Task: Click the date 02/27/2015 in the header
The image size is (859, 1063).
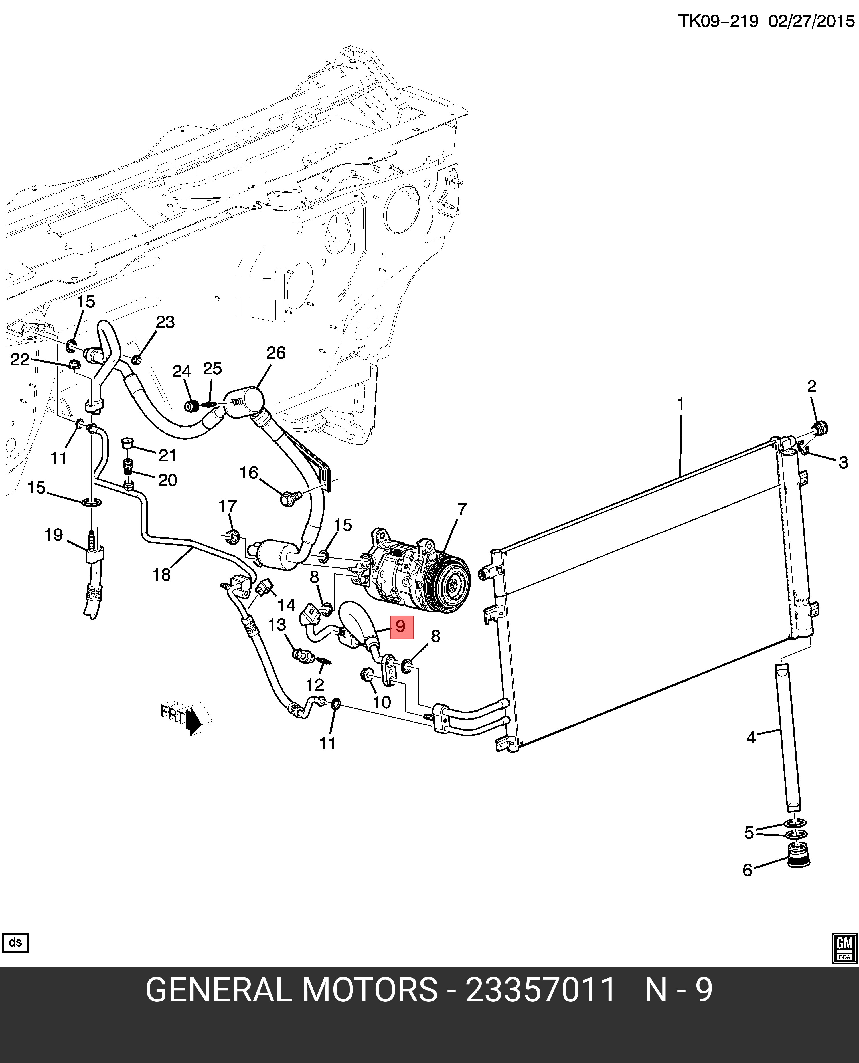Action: [x=811, y=22]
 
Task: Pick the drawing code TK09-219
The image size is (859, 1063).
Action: [x=718, y=22]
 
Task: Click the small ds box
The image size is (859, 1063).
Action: [x=15, y=943]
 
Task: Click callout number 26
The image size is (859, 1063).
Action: [x=275, y=353]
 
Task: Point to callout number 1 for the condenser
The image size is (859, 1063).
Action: [x=681, y=404]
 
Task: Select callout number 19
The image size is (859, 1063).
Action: [x=54, y=535]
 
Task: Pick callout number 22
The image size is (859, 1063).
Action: [x=20, y=360]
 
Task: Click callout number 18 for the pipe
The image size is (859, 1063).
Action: [x=161, y=575]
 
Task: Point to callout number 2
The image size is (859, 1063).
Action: [x=811, y=387]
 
